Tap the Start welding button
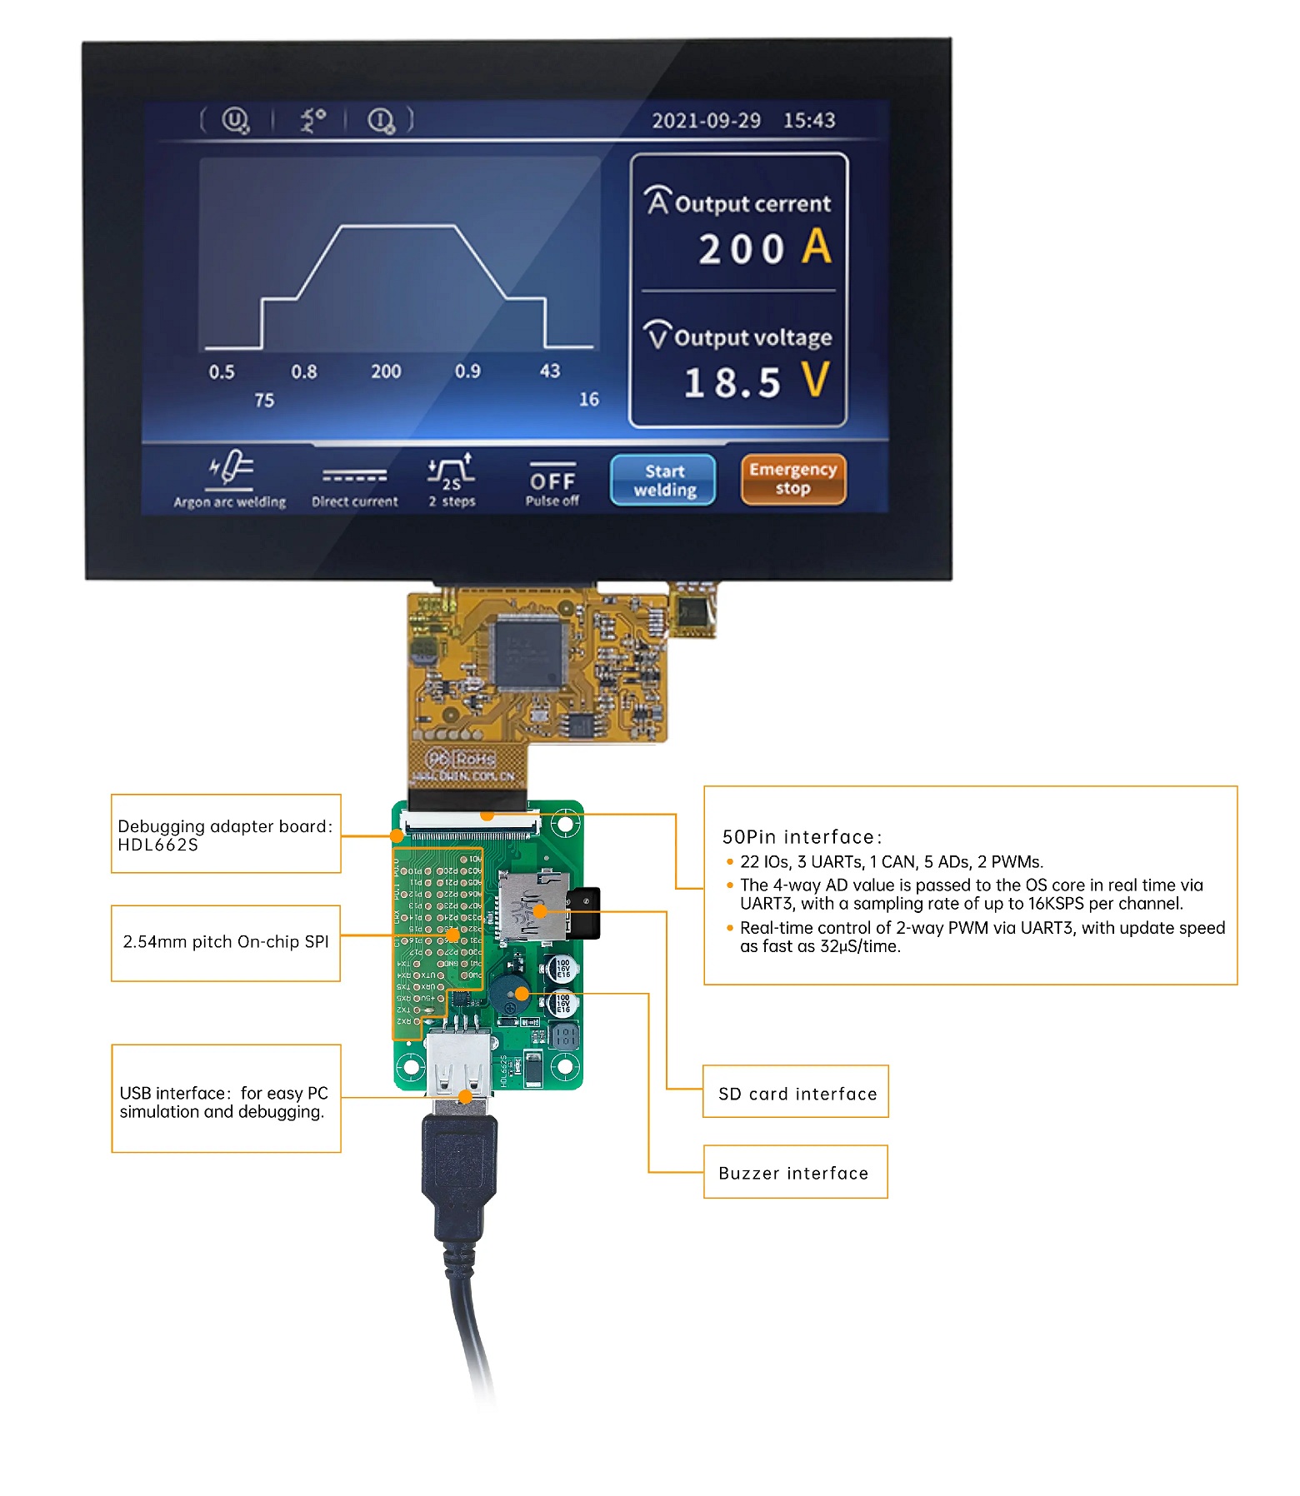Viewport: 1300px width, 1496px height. tap(663, 481)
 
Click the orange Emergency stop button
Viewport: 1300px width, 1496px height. tap(792, 479)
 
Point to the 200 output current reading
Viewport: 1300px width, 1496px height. tap(741, 249)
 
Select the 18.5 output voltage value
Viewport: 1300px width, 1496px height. tap(732, 382)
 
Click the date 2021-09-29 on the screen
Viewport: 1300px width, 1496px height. tap(706, 121)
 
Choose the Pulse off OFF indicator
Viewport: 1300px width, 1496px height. tap(552, 481)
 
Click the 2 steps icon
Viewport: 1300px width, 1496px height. tap(451, 473)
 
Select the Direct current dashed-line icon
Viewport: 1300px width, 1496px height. tap(355, 476)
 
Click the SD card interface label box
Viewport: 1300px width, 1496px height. tap(796, 1092)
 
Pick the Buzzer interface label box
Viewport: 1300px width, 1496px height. tap(795, 1172)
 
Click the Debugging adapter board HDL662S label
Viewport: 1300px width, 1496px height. tap(226, 835)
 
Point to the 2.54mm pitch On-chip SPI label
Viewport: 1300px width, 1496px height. tap(226, 942)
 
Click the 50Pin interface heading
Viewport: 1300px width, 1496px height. tap(801, 837)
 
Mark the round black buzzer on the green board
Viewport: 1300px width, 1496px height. tap(506, 994)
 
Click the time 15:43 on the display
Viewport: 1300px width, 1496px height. tap(808, 121)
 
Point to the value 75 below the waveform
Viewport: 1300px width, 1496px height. tap(264, 401)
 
